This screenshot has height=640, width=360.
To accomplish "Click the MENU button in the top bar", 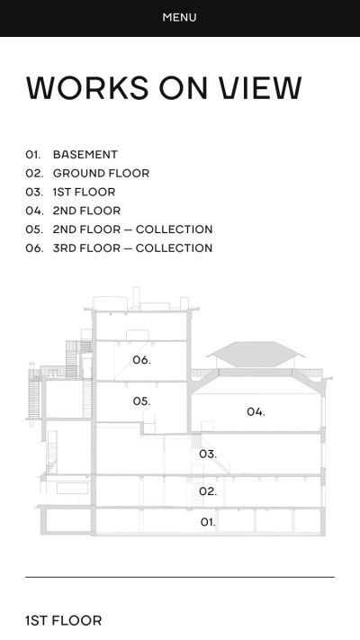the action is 180,17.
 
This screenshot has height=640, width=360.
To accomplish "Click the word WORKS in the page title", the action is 87,87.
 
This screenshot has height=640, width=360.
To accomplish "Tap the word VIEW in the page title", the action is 261,87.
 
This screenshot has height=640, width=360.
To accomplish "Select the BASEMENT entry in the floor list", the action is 85,155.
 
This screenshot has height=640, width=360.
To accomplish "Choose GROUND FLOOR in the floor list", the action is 101,174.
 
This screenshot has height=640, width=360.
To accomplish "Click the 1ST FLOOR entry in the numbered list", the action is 84,193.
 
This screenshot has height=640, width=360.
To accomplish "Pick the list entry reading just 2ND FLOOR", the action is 86,211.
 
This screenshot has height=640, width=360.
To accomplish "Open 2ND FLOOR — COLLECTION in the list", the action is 132,230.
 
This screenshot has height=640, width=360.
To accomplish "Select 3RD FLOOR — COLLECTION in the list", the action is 132,248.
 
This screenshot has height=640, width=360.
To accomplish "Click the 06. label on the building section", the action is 141,360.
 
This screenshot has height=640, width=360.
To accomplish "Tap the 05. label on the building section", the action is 141,401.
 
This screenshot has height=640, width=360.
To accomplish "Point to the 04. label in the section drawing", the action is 256,412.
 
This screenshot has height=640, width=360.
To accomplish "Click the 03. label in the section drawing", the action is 208,454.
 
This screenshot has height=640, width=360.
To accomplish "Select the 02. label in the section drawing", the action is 208,491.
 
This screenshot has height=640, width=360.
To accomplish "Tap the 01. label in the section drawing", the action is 208,522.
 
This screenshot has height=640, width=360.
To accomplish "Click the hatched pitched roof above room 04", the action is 256,354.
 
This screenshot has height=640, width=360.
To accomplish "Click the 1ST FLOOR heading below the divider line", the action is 63,621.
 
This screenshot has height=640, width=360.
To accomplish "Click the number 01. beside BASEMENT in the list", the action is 33,155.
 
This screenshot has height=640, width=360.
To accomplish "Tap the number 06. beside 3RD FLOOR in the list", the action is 34,248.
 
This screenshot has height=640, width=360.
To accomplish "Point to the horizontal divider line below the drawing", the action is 180,577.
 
